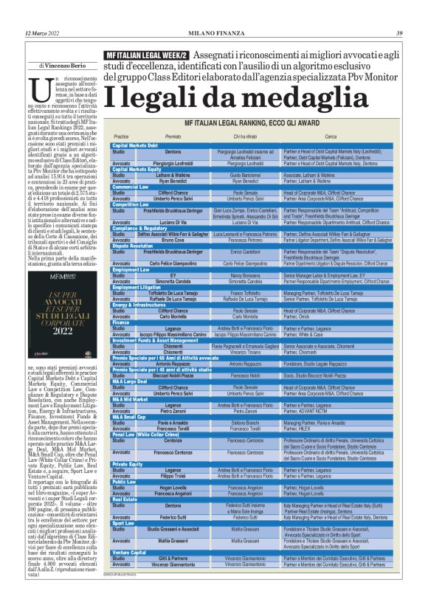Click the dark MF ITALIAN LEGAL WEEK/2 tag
point(146,55)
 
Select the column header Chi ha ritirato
point(246,137)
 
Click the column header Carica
point(331,137)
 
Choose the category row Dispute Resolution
point(136,246)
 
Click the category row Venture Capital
point(130,573)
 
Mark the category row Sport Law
point(123,544)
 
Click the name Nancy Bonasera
point(246,274)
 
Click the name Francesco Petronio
point(246,241)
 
